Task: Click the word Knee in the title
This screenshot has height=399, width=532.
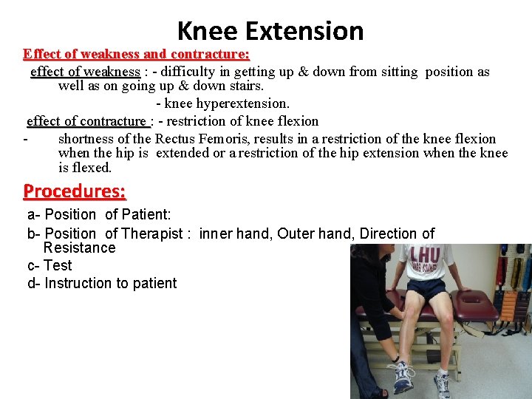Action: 208,31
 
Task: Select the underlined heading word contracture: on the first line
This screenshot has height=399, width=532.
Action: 210,54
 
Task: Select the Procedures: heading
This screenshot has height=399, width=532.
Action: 75,191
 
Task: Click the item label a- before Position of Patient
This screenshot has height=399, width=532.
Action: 34,215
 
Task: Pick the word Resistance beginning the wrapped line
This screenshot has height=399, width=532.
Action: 79,248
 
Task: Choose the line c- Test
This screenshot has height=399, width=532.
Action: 50,265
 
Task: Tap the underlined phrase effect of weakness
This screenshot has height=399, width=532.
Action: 85,72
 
